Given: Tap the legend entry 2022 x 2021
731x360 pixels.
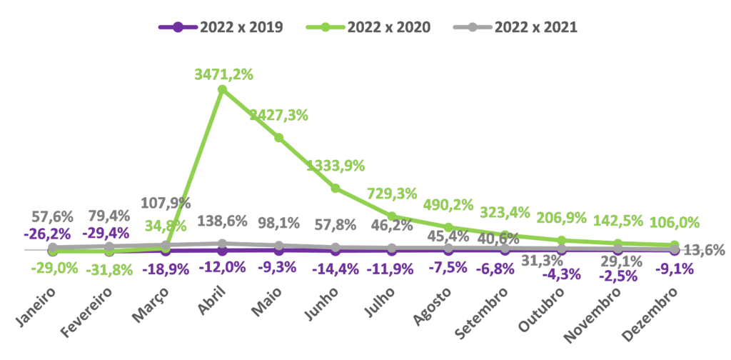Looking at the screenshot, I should click(516, 28).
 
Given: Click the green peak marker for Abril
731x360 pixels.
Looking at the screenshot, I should click(222, 89).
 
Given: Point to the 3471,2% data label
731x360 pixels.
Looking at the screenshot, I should click(224, 74).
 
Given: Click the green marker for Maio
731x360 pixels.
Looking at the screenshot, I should click(278, 137).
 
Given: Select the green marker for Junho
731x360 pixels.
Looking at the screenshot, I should click(335, 188).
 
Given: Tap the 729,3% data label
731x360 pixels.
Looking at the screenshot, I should click(391, 193).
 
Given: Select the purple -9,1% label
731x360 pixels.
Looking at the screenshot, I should click(673, 270).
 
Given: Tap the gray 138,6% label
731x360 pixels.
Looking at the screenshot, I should click(222, 221).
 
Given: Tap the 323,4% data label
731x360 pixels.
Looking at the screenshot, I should click(505, 212).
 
